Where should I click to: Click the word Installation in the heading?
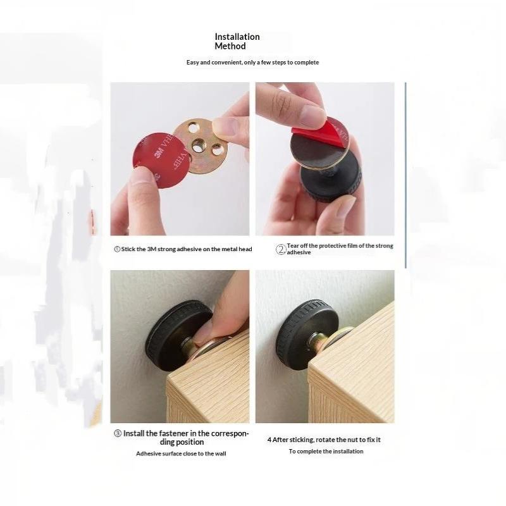[x=237, y=37]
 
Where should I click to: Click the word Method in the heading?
[x=230, y=46]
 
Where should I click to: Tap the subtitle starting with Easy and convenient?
[x=252, y=62]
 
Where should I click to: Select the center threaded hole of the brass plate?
[x=197, y=146]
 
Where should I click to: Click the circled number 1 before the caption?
[x=117, y=249]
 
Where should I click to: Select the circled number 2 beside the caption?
[x=281, y=249]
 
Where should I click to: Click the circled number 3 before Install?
[x=118, y=433]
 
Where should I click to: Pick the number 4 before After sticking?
[x=269, y=440]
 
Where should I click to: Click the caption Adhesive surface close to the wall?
[x=181, y=454]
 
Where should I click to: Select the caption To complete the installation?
[x=326, y=451]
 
